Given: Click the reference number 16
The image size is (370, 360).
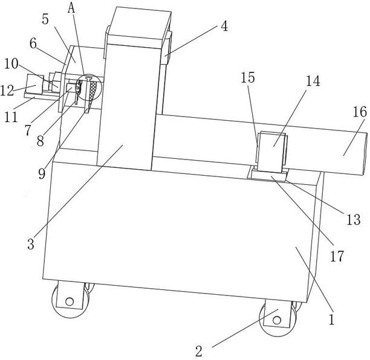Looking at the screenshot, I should click(x=359, y=112).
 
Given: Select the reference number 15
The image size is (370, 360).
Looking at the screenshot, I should click(x=248, y=77).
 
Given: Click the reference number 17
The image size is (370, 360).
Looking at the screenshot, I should click(x=336, y=256).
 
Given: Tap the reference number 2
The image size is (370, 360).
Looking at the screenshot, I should click(x=199, y=351).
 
